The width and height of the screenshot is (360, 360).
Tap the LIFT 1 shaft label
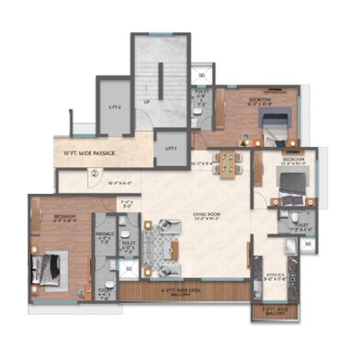(x=171, y=148)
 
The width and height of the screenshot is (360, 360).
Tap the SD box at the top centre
(x=201, y=75)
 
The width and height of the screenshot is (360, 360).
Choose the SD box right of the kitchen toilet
(x=309, y=244)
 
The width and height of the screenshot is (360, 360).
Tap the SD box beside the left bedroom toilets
(x=129, y=269)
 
